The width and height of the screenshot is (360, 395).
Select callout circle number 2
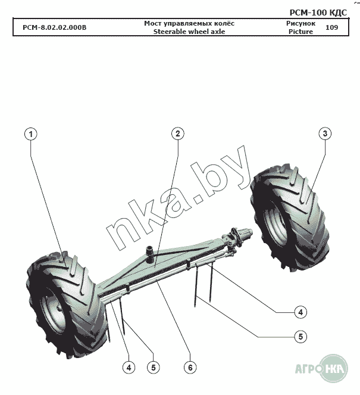click(x=177, y=133)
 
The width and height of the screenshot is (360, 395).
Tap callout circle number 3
click(x=324, y=133)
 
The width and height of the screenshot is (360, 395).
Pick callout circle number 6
click(x=190, y=368)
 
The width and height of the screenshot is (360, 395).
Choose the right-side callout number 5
click(x=301, y=337)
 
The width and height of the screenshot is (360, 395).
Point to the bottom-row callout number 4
click(x=129, y=368)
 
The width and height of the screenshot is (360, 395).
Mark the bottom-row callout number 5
click(x=153, y=368)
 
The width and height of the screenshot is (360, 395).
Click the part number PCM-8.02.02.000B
click(x=54, y=27)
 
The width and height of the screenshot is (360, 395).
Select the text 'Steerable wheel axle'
click(x=189, y=32)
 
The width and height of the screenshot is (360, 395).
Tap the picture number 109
click(x=332, y=27)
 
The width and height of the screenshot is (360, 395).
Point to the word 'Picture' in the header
click(x=300, y=32)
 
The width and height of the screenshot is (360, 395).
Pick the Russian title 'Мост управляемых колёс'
click(x=189, y=23)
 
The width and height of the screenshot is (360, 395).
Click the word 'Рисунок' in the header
click(x=300, y=23)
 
